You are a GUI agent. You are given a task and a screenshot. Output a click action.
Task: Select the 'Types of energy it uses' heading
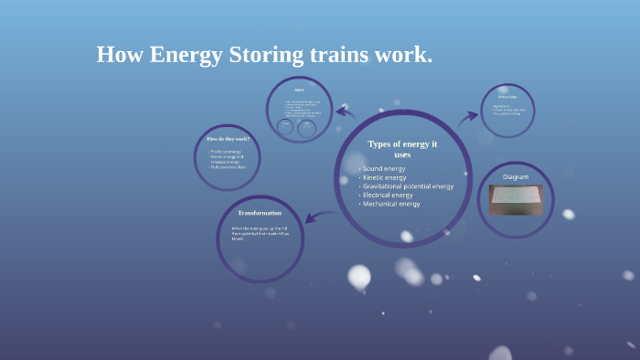402,149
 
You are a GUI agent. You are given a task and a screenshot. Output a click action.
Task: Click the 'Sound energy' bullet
383,169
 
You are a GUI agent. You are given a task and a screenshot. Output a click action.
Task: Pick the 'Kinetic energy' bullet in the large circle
385,178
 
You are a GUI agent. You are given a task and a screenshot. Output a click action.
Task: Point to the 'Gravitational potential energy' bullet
407,186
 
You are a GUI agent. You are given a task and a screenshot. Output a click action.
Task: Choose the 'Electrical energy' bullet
388,196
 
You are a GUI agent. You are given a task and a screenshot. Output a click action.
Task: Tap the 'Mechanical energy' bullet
390,204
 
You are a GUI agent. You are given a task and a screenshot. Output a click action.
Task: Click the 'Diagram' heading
516,176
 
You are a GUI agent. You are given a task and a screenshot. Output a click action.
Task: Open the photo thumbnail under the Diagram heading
516,199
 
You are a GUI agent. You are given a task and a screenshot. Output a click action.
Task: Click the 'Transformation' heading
260,213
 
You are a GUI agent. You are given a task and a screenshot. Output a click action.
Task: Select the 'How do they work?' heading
228,139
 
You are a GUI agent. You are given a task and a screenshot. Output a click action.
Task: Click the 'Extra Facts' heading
507,97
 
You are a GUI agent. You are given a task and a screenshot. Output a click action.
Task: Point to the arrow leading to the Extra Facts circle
468,116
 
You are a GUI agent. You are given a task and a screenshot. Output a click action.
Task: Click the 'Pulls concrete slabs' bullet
228,167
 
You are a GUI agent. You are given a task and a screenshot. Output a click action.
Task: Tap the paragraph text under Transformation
260,233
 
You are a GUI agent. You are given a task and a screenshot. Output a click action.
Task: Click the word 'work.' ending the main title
403,55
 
